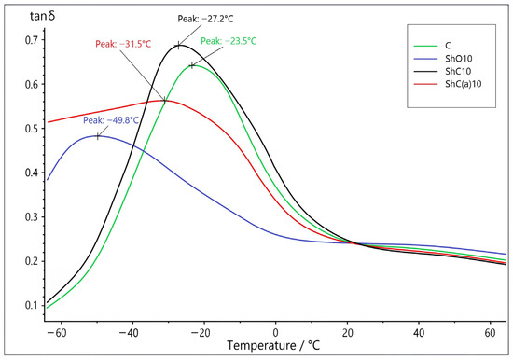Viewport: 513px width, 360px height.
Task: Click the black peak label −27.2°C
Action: [x=205, y=19]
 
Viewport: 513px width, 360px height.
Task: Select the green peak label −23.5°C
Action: [x=229, y=41]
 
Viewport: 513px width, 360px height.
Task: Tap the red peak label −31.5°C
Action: [x=123, y=44]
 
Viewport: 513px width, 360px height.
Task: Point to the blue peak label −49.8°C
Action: [x=111, y=120]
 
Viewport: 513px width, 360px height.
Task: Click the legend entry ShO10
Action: [x=459, y=59]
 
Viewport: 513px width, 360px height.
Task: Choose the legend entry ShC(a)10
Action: [x=464, y=84]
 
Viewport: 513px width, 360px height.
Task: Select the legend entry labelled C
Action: [x=448, y=46]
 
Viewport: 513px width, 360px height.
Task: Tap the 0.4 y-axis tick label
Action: [x=31, y=173]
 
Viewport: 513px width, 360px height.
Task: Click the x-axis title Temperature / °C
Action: [x=273, y=346]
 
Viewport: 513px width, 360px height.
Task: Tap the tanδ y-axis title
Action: [x=43, y=16]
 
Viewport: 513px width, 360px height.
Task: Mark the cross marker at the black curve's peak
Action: [x=179, y=46]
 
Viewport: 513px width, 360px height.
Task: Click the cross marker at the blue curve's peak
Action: [x=98, y=136]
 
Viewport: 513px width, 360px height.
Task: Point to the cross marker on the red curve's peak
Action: [x=164, y=101]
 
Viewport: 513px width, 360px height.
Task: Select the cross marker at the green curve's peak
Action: [x=192, y=66]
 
